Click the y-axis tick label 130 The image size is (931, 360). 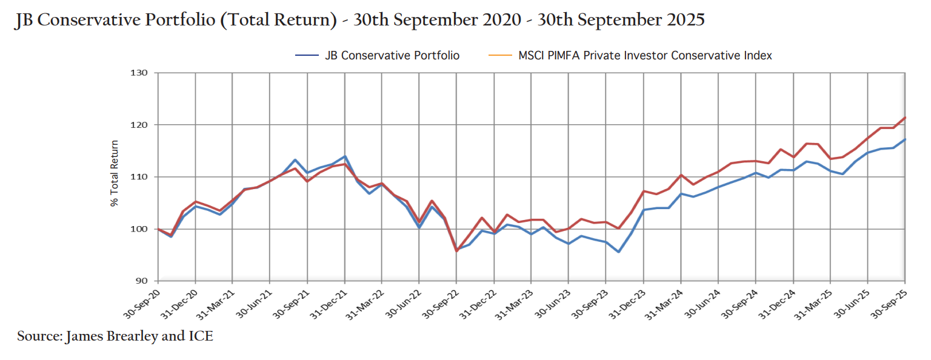140,73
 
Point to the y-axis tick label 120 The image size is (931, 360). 140,125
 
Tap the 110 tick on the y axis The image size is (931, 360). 140,177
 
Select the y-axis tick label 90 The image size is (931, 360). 142,281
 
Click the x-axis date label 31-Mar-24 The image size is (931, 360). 666,301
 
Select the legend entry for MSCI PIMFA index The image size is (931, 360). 645,56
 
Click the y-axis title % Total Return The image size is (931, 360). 115,174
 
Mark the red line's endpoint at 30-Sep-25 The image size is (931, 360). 905,118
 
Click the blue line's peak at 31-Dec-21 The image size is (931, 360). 345,156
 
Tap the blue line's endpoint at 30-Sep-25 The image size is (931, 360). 905,139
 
